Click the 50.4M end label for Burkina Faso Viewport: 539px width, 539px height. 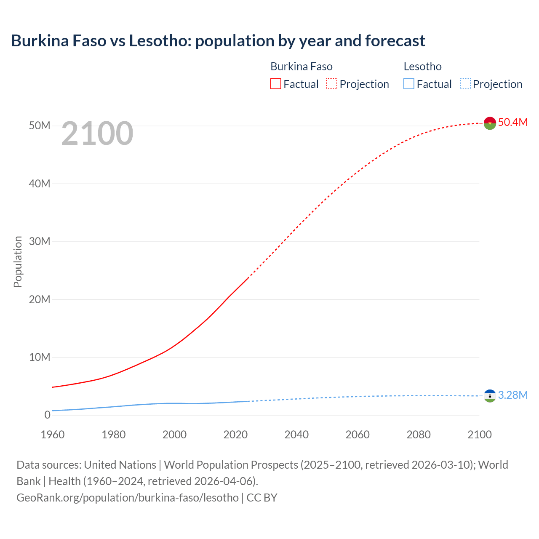pyautogui.click(x=512, y=122)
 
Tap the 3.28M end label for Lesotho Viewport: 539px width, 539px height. pyautogui.click(x=512, y=395)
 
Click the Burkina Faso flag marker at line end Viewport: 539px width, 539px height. pyautogui.click(x=490, y=123)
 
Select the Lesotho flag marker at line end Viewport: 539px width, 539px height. pyautogui.click(x=490, y=396)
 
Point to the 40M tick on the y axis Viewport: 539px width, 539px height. pyautogui.click(x=40, y=184)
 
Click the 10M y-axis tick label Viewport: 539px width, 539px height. pyautogui.click(x=40, y=357)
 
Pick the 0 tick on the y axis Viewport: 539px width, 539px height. pyautogui.click(x=47, y=415)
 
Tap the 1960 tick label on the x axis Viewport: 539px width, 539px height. pyautogui.click(x=53, y=435)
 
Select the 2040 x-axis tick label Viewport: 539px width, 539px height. pyautogui.click(x=296, y=435)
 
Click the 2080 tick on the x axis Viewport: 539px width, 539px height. pyautogui.click(x=419, y=435)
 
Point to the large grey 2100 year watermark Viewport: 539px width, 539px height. pyautogui.click(x=97, y=133)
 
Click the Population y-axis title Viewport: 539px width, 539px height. pyautogui.click(x=18, y=261)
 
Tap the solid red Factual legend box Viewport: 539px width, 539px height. pyautogui.click(x=275, y=84)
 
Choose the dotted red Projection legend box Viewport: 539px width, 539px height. pyautogui.click(x=332, y=84)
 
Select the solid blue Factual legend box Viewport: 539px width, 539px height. pyautogui.click(x=409, y=84)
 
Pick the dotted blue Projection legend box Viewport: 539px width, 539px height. pyautogui.click(x=465, y=84)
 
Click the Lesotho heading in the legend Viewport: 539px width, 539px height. pyautogui.click(x=422, y=67)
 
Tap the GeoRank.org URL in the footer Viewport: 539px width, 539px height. pyautogui.click(x=128, y=498)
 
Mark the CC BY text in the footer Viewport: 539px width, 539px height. pyautogui.click(x=262, y=498)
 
